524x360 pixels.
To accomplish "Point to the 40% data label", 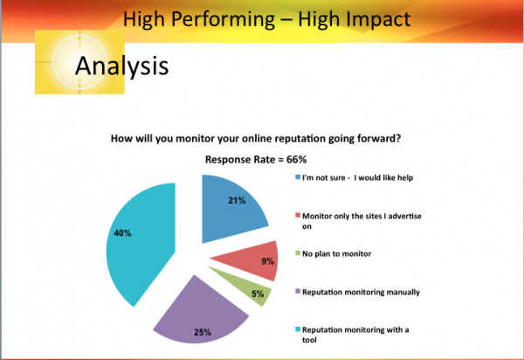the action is tap(122, 233).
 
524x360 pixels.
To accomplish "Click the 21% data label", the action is tap(237, 201).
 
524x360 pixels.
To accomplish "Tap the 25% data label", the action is tap(203, 332).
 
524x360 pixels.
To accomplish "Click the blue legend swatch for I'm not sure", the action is tap(298, 177).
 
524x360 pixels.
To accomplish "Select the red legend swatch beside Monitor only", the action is tap(298, 215).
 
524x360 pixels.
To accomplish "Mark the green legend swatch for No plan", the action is tap(298, 253).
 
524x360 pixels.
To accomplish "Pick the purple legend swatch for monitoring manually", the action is tap(298, 291).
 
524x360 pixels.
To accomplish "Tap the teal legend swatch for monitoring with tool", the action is tap(298, 329).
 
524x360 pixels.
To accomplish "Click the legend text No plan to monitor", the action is tap(336, 254).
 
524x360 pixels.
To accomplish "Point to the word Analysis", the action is tap(122, 66).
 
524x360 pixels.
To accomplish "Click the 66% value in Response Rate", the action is tap(296, 159).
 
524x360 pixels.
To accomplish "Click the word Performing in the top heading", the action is tap(223, 19).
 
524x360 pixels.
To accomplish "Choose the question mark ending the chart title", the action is tap(398, 138).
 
